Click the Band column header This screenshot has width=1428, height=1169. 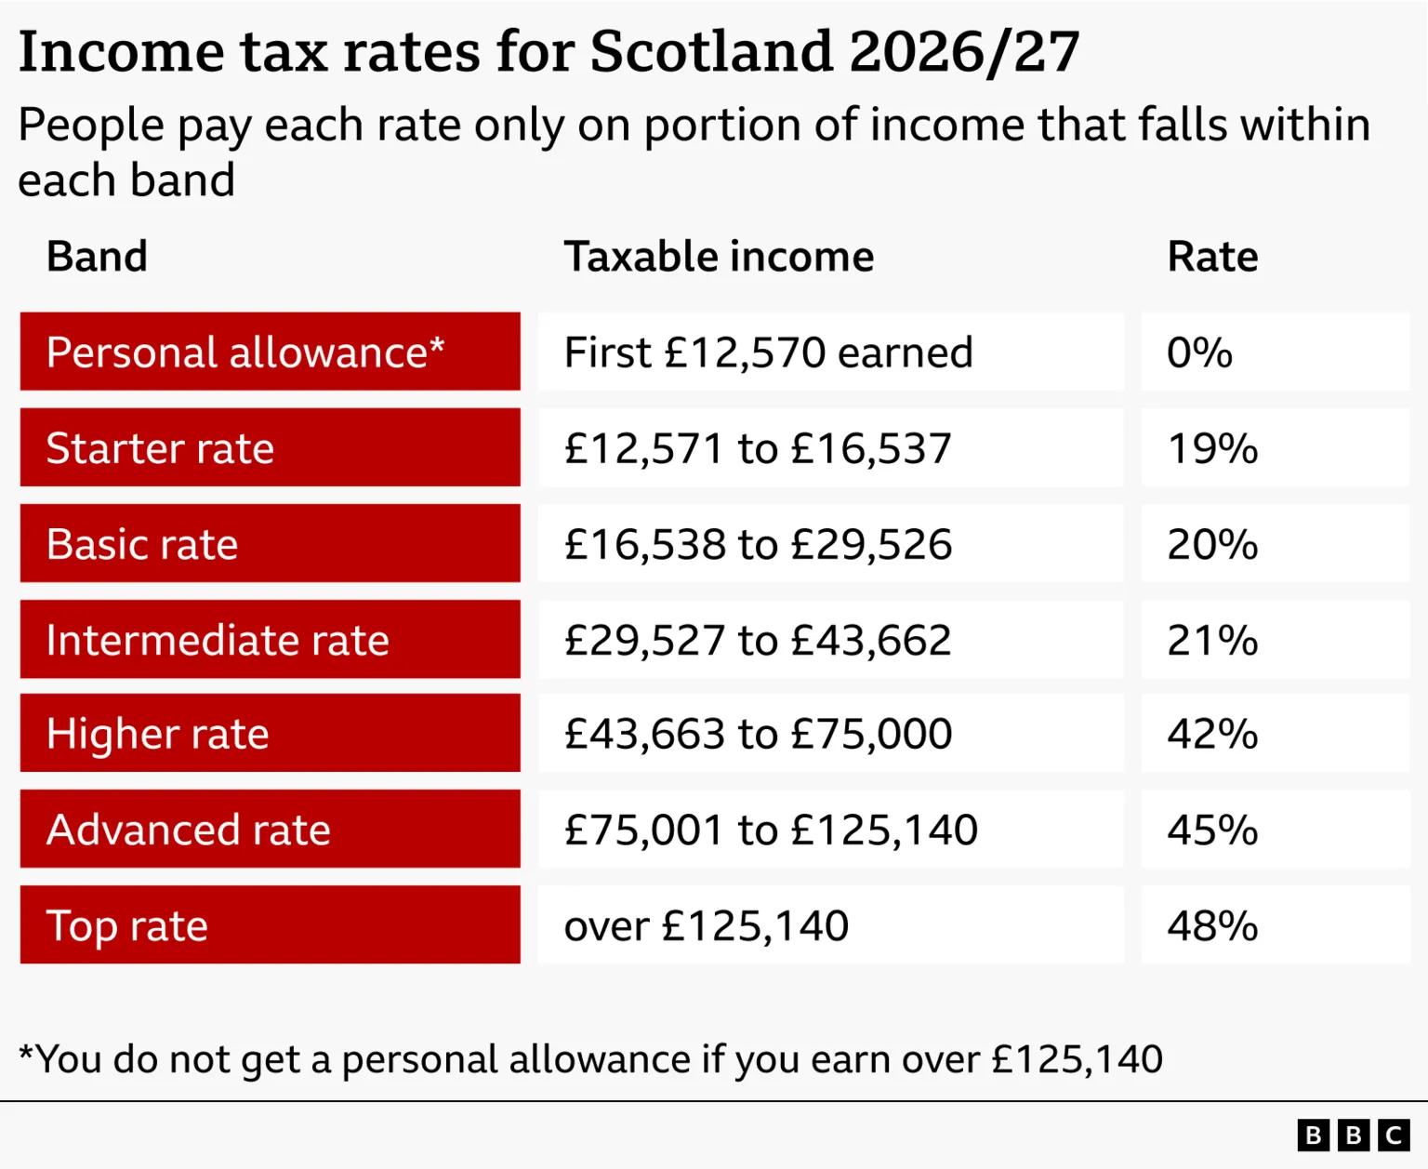tap(97, 257)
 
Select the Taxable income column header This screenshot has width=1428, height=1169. tap(719, 257)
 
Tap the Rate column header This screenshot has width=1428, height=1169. tap(1212, 257)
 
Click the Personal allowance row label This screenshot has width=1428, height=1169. tap(245, 352)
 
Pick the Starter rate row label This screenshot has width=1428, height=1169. tap(160, 448)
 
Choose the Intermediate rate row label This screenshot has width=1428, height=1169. tap(218, 640)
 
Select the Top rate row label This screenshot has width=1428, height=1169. tap(127, 925)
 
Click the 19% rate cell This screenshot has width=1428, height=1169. tap(1212, 448)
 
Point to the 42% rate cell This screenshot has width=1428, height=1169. tap(1212, 734)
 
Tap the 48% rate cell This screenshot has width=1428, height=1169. tap(1212, 925)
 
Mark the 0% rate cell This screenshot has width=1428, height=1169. tap(1199, 352)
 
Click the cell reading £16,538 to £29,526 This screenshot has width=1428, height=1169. tap(758, 544)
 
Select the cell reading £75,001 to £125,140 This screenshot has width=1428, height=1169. tap(771, 830)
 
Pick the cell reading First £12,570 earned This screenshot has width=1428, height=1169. tap(768, 352)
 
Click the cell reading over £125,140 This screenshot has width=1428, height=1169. tap(707, 925)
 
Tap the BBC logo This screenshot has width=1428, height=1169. tap(1353, 1136)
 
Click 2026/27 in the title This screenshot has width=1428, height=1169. tap(963, 51)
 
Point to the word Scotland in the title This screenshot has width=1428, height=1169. tap(711, 51)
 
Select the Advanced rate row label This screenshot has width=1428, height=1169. tap(189, 830)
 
